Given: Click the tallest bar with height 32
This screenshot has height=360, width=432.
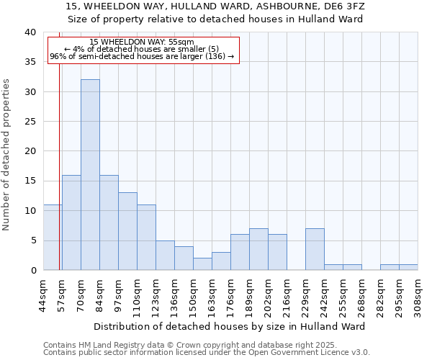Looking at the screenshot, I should (x=90, y=175).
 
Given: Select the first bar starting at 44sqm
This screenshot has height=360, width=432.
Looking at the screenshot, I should (x=53, y=238).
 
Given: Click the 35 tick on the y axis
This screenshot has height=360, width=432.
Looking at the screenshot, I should (x=31, y=62).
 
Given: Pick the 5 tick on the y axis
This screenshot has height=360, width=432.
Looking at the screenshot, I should (x=33, y=240).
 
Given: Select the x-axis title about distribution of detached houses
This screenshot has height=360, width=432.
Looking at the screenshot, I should (x=229, y=326).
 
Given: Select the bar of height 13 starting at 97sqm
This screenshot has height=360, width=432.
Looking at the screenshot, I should (x=127, y=231).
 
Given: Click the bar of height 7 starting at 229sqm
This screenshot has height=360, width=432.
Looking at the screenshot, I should (x=315, y=249).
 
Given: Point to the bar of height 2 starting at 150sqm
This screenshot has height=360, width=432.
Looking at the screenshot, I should (x=202, y=264).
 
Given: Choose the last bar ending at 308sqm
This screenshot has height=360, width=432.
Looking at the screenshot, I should (x=408, y=267).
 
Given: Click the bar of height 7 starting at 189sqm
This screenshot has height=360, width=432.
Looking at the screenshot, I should (x=258, y=249).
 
